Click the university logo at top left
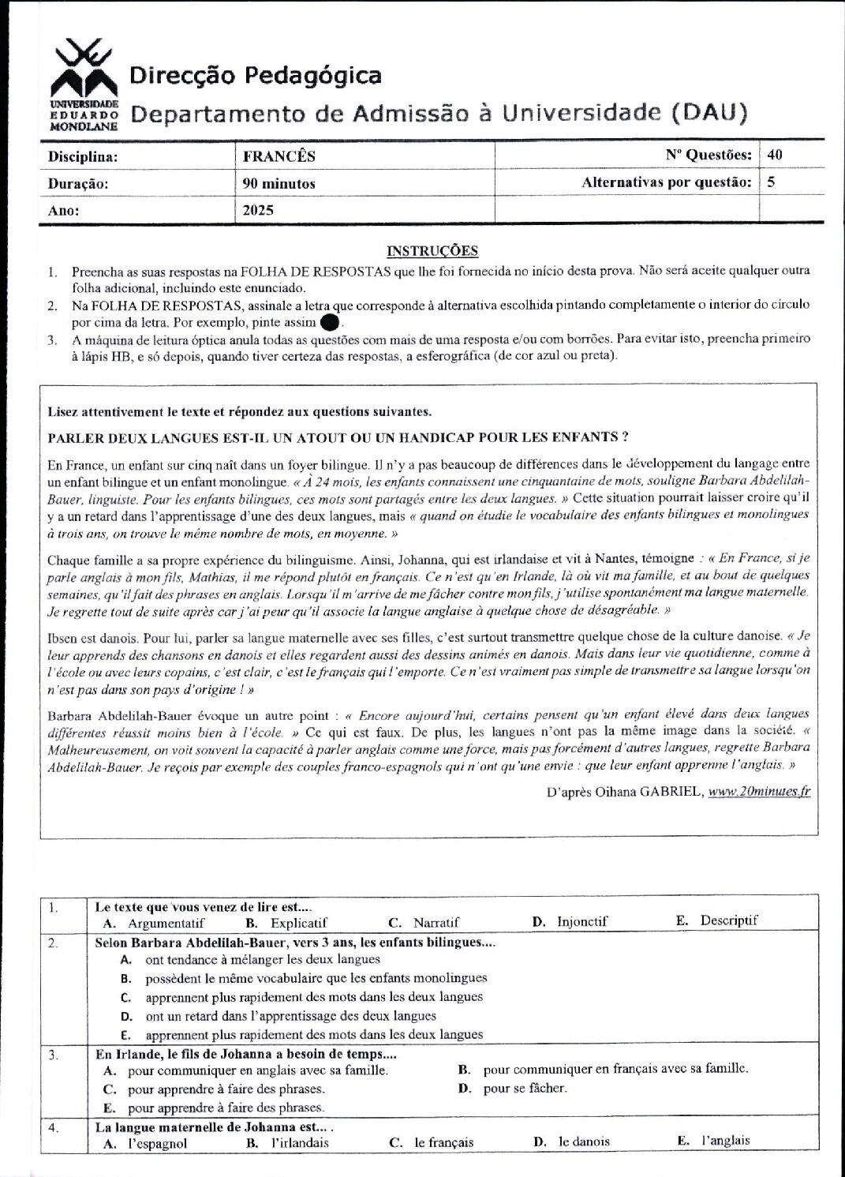(x=82, y=84)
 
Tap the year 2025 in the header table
(x=258, y=211)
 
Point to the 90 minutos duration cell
(x=279, y=183)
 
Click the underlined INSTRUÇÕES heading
(x=432, y=251)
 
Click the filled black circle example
(x=331, y=323)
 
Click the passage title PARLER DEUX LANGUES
(x=338, y=437)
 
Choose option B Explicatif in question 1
(x=288, y=922)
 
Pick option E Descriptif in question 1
(x=718, y=920)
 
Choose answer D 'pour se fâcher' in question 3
(x=517, y=1089)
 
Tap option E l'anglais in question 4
(x=714, y=1141)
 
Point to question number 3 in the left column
(x=53, y=1055)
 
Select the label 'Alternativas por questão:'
(x=666, y=182)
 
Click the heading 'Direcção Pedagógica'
(x=255, y=75)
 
